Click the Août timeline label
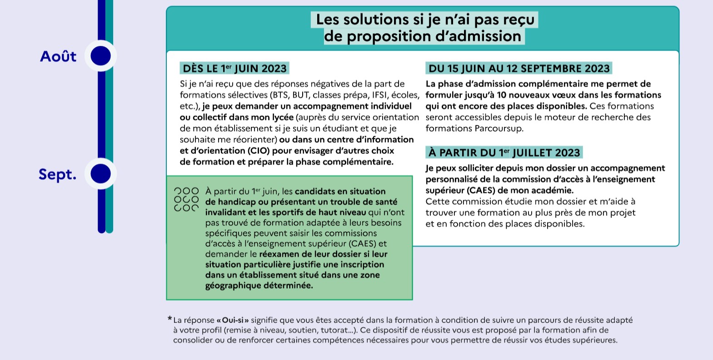click(x=58, y=56)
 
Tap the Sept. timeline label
click(x=57, y=174)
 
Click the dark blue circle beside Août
click(x=101, y=56)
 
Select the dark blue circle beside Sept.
click(x=101, y=174)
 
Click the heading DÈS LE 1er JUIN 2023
click(x=234, y=69)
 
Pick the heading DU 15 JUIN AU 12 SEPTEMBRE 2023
click(x=519, y=69)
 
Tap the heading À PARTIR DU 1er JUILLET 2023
click(x=504, y=153)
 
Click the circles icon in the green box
click(x=186, y=200)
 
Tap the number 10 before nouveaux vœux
click(x=501, y=95)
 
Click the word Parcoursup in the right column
click(x=499, y=129)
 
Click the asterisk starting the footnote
click(x=170, y=319)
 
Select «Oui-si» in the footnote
click(x=233, y=320)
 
